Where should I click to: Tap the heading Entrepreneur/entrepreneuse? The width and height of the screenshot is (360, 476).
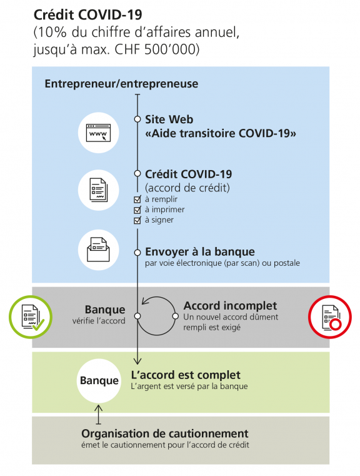(x=121, y=84)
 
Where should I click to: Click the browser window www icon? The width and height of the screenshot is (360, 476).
(x=98, y=133)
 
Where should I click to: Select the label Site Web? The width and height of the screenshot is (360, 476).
(x=169, y=119)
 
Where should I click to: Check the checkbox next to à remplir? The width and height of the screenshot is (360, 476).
(x=138, y=200)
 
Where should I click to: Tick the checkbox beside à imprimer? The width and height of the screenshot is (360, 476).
(x=138, y=210)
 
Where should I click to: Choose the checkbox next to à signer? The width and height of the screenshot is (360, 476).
(x=138, y=220)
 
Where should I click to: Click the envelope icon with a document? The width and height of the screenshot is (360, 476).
(x=98, y=250)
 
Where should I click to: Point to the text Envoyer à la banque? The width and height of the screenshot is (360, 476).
(x=200, y=251)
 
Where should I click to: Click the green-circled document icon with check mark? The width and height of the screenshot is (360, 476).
(x=30, y=316)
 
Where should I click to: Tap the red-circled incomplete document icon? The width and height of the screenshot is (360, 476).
(x=330, y=316)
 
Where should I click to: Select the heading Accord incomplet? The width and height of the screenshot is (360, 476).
(x=230, y=306)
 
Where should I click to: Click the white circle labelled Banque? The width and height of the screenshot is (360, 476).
(x=99, y=380)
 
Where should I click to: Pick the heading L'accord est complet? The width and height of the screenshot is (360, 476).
(x=186, y=375)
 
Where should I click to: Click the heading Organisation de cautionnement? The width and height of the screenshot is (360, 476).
(x=164, y=433)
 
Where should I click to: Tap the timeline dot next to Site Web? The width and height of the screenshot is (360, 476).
(x=137, y=119)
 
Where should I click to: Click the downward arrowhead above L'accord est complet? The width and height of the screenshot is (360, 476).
(x=137, y=360)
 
